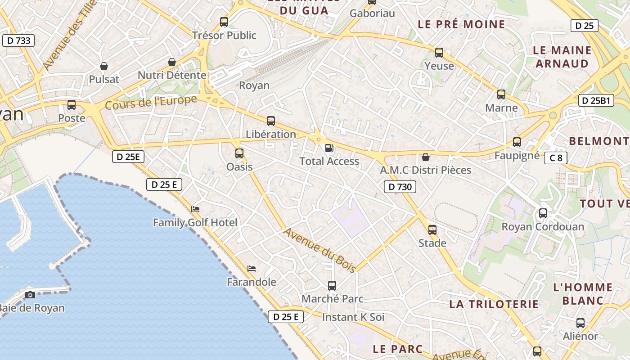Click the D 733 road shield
[19, 40]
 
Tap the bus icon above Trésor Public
[224, 22]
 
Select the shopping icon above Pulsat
[104, 66]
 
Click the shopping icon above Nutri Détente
[171, 62]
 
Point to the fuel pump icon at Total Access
[329, 148]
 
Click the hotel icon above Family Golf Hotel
[195, 209]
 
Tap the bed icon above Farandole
[252, 269]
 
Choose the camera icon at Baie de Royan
[30, 295]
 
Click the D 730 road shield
[400, 186]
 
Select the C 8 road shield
[556, 157]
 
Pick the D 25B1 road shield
[596, 100]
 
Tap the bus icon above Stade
[432, 230]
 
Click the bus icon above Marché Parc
[332, 285]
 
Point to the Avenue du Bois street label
[320, 250]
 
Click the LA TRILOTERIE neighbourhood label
[494, 304]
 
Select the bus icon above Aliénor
[580, 323]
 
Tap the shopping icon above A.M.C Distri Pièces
[425, 157]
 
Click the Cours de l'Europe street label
[151, 102]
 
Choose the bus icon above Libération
[270, 121]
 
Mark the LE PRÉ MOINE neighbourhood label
[462, 24]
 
